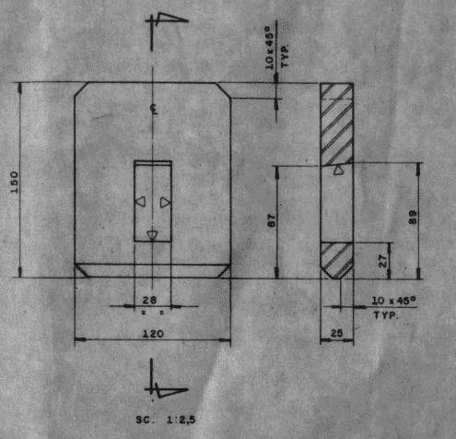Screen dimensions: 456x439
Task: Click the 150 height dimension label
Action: point(15,183)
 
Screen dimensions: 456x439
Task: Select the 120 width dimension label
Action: point(153,334)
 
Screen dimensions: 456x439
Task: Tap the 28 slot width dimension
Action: point(149,300)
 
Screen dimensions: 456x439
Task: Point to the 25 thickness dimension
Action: point(337,333)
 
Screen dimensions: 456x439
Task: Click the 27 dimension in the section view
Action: point(383,260)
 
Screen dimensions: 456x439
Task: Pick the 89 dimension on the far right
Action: point(414,217)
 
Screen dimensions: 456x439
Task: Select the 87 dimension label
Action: point(273,220)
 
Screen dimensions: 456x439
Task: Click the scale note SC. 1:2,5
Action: point(166,420)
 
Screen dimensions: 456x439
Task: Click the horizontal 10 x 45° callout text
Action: point(394,301)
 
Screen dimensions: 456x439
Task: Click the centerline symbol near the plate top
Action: point(154,109)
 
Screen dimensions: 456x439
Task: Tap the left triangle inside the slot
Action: point(141,202)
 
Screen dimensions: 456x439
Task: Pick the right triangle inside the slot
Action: point(165,202)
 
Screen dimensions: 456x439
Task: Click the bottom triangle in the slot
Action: point(152,235)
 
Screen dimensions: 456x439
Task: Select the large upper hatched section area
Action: point(336,124)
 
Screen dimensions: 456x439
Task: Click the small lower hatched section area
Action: point(336,260)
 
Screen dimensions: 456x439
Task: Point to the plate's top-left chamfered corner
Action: point(81,90)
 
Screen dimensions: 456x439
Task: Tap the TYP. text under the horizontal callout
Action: point(386,315)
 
